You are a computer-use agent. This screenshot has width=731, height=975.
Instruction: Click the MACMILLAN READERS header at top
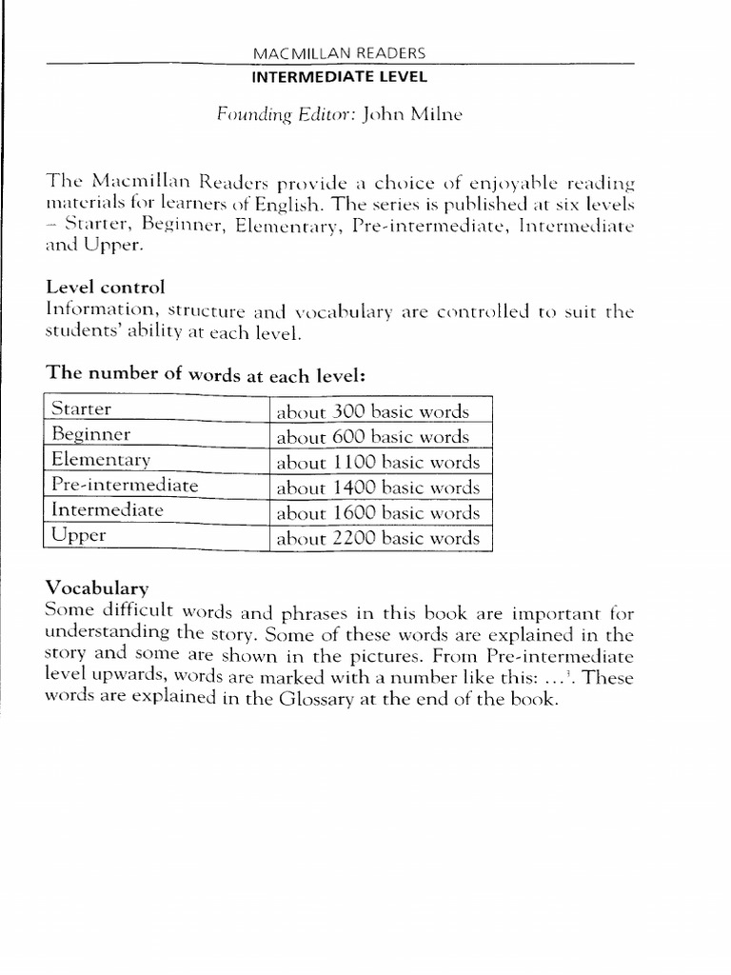click(340, 53)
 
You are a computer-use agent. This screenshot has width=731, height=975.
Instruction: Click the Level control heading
click(104, 287)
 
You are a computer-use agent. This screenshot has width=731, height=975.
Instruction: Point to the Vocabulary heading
click(96, 587)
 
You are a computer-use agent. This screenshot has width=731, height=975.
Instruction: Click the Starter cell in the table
click(81, 409)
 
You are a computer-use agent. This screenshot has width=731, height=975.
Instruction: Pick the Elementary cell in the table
click(101, 460)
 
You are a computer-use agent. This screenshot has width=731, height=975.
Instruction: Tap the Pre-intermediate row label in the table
click(124, 486)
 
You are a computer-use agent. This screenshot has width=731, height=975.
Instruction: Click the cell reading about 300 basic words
click(372, 412)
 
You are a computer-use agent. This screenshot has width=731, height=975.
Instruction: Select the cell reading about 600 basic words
click(372, 437)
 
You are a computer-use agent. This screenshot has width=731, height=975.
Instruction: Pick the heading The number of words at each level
click(205, 375)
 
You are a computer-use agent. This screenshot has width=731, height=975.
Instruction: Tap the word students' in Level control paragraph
click(83, 332)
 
